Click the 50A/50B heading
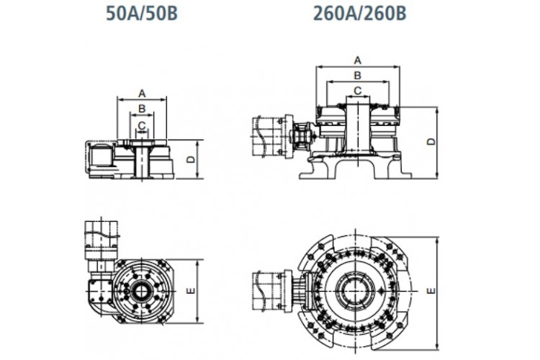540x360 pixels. pos(142,14)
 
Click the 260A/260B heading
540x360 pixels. pos(359,14)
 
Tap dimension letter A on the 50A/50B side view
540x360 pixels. pos(142,93)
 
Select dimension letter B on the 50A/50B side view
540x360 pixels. pos(142,109)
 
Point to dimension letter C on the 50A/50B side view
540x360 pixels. pos(142,125)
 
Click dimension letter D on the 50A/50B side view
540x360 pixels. pos(191,159)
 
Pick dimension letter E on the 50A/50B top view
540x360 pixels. pos(191,291)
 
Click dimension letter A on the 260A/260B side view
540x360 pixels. pos(358,60)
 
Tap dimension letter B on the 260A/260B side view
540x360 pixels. pos(358,76)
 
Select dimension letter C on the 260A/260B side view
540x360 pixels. pos(358,91)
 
